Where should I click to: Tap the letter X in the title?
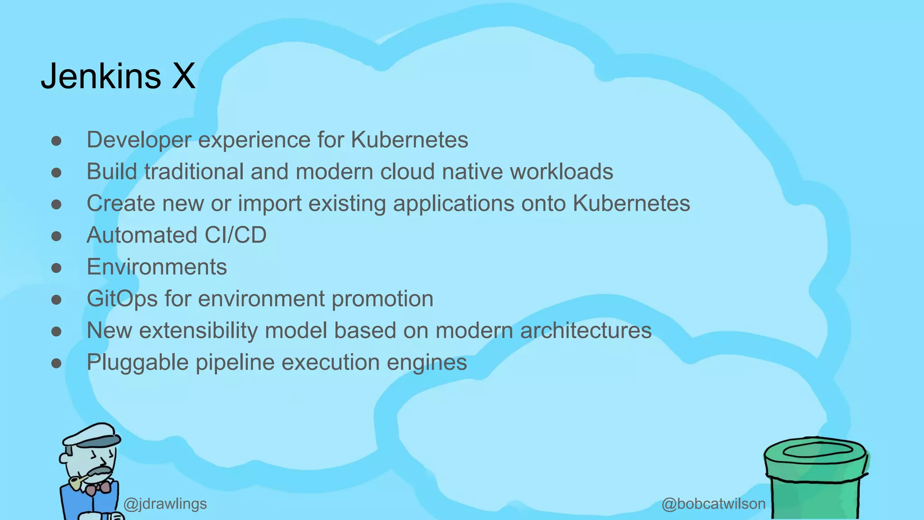coord(183,76)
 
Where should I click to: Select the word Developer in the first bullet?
coord(139,140)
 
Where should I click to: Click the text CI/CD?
coord(235,235)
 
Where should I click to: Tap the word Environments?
coord(157,267)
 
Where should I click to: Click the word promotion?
coord(382,299)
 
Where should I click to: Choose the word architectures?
coord(586,330)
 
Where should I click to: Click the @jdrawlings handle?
coord(165,504)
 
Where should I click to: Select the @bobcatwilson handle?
coord(713,504)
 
